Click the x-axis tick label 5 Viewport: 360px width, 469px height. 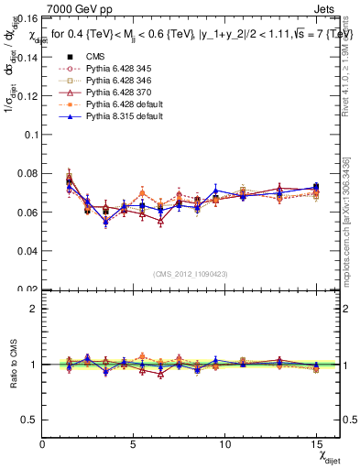pos(134,443)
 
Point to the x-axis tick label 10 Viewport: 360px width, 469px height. pos(225,443)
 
